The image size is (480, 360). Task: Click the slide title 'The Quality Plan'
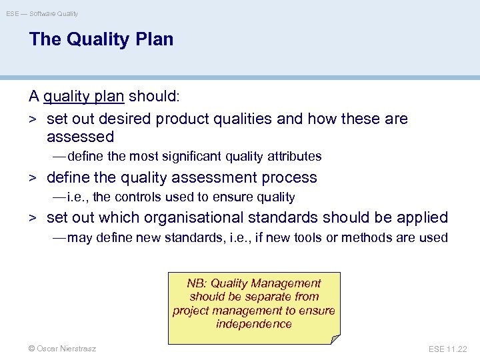click(101, 39)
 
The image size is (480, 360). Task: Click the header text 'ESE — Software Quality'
click(43, 13)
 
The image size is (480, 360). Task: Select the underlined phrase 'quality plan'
click(84, 97)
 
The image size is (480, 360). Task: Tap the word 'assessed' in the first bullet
click(80, 137)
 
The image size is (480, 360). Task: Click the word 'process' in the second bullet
click(289, 178)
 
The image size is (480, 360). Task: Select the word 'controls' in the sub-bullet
click(138, 197)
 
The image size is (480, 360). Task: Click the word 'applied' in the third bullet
click(423, 218)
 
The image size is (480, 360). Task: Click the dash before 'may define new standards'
click(59, 238)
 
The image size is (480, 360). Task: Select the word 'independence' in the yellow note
click(254, 324)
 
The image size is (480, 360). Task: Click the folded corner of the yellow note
click(335, 339)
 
